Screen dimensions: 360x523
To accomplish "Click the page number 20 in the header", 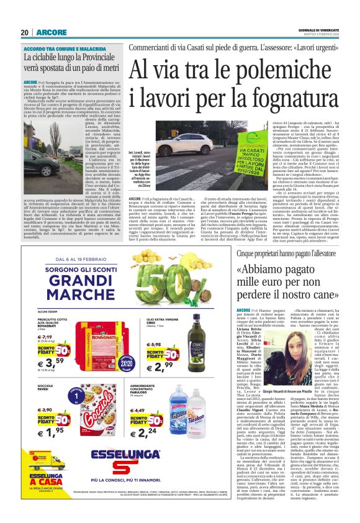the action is pyautogui.click(x=25, y=32).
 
